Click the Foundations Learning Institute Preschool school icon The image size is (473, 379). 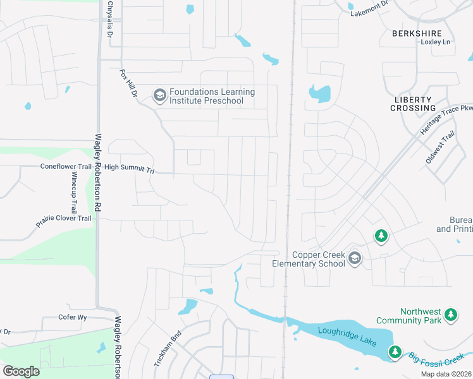click(159, 96)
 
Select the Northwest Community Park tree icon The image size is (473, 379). click(450, 314)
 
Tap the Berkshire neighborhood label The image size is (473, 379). click(416, 33)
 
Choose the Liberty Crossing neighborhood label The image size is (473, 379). click(414, 104)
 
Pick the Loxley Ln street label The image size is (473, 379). click(436, 42)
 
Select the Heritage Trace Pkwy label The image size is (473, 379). click(446, 120)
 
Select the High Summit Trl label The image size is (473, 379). click(130, 168)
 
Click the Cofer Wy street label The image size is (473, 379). click(72, 317)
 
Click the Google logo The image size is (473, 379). click(21, 371)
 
